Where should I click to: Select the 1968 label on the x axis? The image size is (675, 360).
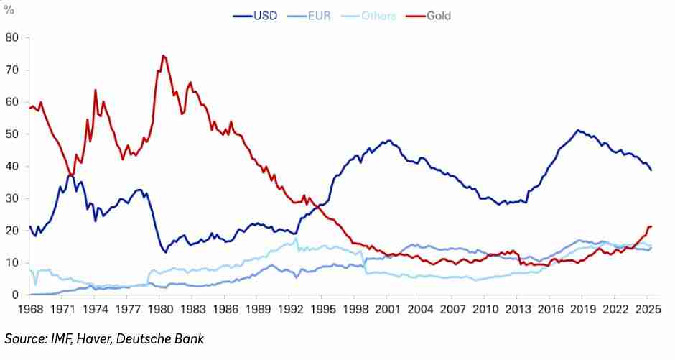coord(30,310)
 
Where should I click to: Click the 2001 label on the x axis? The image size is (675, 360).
coord(388,310)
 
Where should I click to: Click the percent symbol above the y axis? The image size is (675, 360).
coord(9,10)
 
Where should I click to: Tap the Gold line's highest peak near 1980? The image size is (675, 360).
coord(163,55)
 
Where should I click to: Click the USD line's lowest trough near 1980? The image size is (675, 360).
coord(166,252)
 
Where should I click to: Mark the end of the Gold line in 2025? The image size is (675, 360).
coord(651,227)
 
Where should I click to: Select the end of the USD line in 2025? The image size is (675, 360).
coord(651,170)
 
